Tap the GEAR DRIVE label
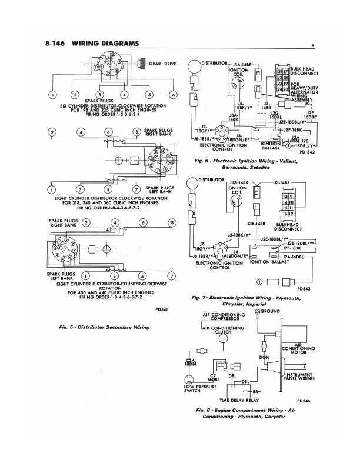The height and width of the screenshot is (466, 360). point(162,63)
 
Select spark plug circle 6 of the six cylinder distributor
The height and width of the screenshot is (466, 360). point(173,95)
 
